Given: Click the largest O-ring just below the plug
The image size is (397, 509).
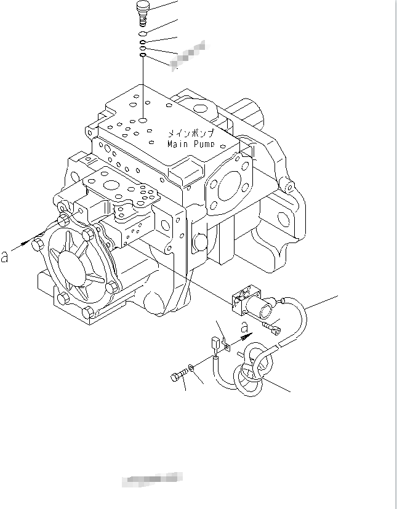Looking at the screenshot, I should tap(143, 34).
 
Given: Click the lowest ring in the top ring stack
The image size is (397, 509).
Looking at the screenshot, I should tap(143, 55).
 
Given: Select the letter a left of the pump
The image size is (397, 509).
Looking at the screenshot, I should tap(6, 256).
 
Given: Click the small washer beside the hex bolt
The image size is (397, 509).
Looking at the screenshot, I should tap(193, 368).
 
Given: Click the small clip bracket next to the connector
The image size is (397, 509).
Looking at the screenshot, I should tap(225, 347).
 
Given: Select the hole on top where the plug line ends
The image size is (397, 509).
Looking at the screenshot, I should tap(143, 121).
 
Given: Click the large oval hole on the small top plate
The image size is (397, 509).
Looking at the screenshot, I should tap(112, 184).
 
